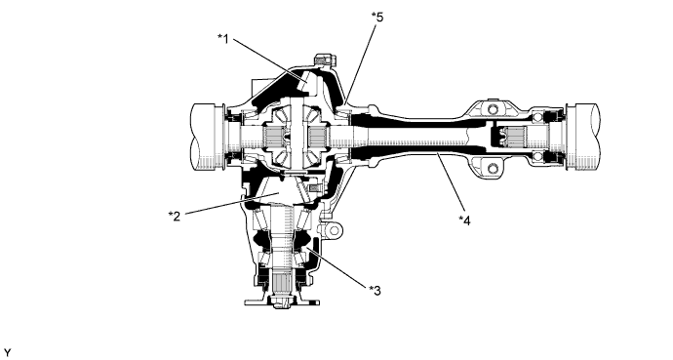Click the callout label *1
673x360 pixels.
[223, 39]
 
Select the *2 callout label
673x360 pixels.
[175, 216]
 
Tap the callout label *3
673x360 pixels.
[376, 291]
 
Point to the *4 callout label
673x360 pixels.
[465, 220]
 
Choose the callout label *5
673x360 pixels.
[377, 18]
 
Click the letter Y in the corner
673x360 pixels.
[7, 353]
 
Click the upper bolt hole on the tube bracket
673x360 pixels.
[493, 108]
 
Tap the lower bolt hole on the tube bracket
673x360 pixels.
[493, 167]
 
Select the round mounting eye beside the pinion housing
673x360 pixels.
[334, 230]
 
